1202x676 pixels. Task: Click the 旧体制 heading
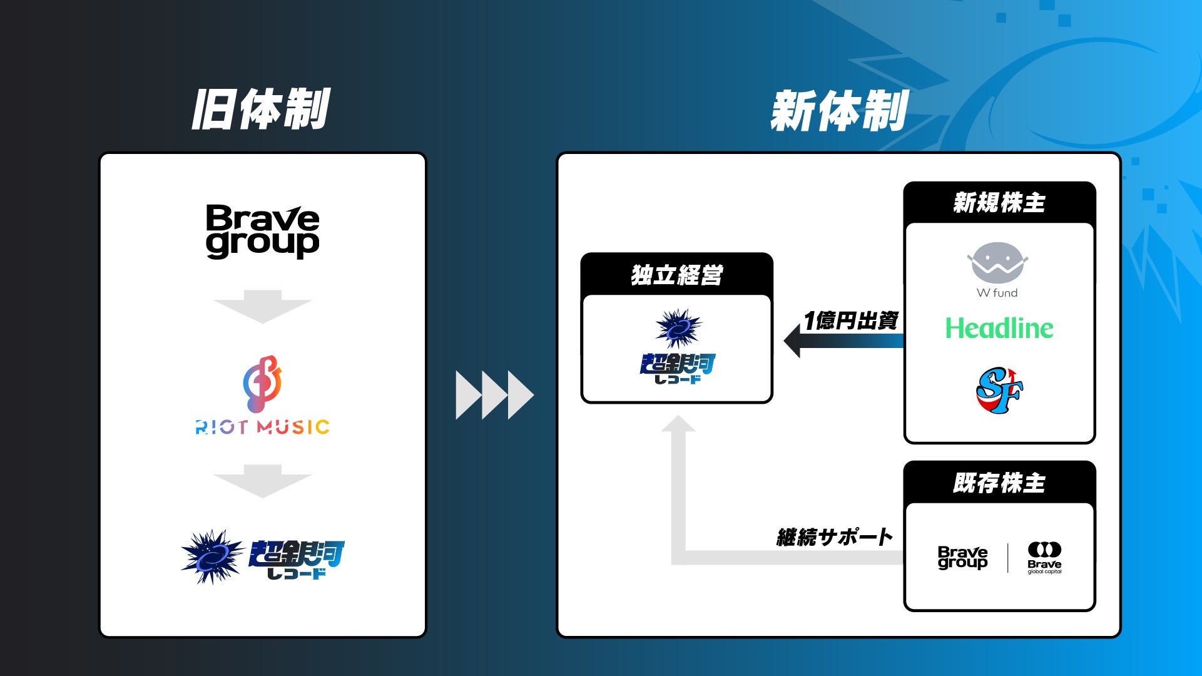coord(260,109)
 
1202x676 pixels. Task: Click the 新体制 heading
coord(839,110)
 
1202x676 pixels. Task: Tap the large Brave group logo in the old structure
coord(263,231)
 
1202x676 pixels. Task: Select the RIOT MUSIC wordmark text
coord(263,428)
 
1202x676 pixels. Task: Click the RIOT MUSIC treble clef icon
coord(263,384)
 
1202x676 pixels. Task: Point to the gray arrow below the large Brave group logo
coord(263,307)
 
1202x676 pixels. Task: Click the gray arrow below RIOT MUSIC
coord(263,481)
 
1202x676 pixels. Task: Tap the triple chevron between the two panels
coord(494,395)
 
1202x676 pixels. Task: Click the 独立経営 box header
coord(677,275)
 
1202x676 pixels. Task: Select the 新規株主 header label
coord(999,203)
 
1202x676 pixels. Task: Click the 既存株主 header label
coord(999,483)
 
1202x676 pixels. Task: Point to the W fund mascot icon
coord(997,263)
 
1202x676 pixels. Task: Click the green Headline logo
coord(999,328)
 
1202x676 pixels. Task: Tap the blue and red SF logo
coord(999,391)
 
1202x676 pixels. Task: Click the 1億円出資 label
coord(851,320)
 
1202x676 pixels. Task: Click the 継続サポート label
coord(835,536)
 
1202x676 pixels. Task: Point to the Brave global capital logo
coord(1044,558)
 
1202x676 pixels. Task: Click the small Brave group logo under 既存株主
coord(962,558)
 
